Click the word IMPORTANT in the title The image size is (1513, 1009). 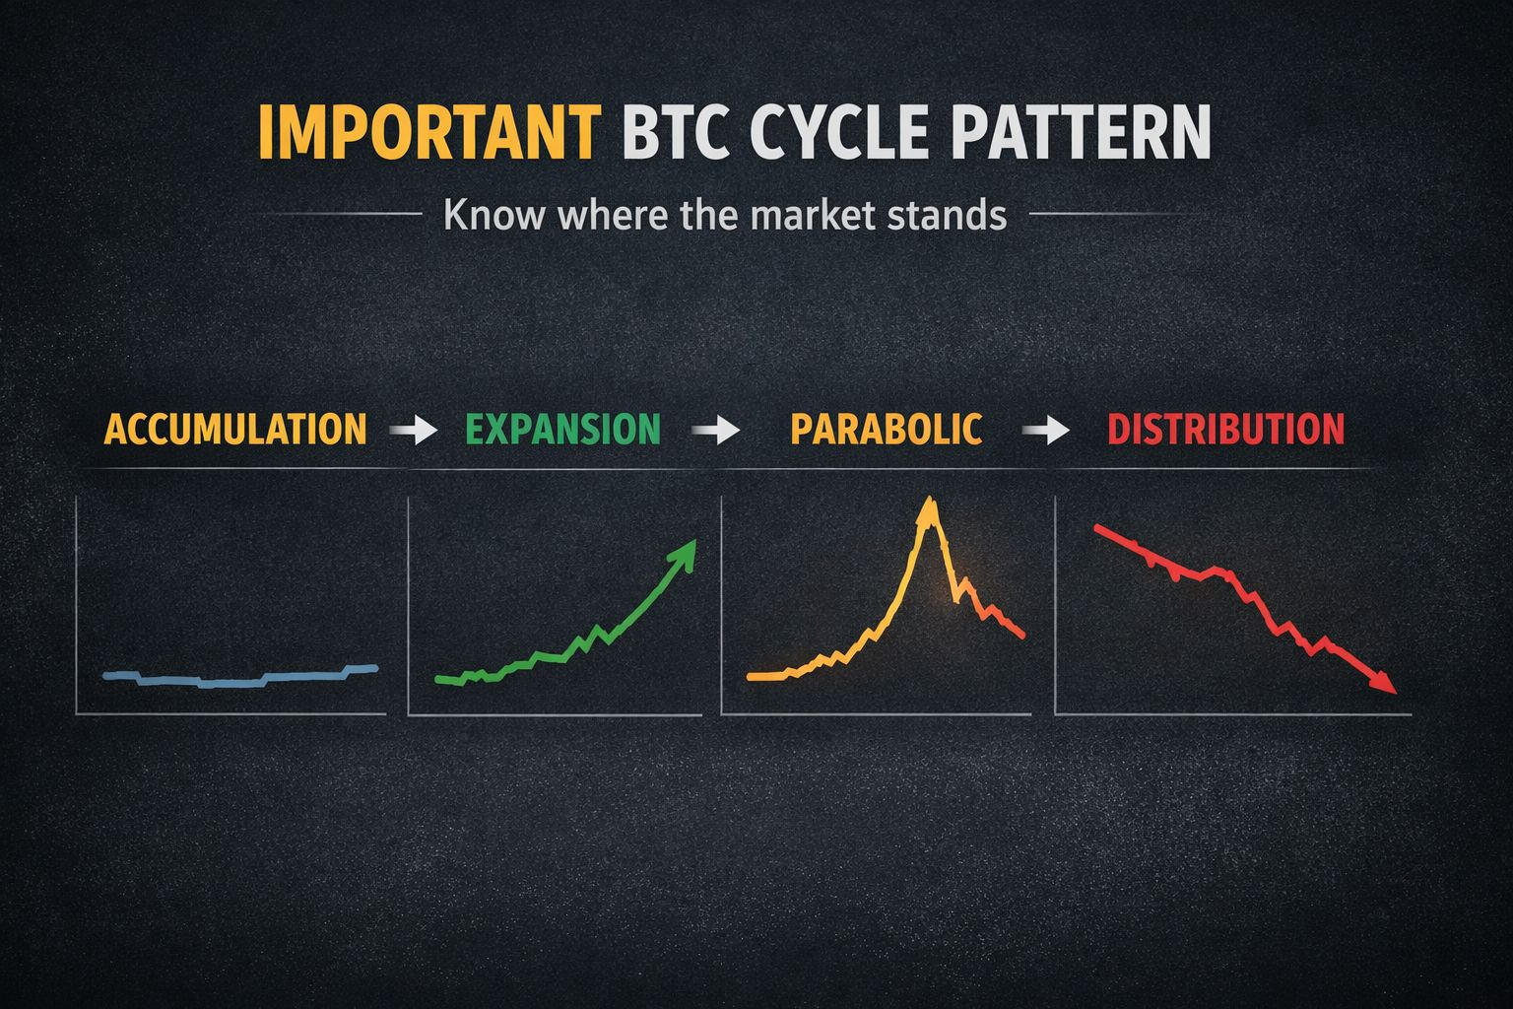(x=429, y=131)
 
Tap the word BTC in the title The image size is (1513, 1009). (x=676, y=131)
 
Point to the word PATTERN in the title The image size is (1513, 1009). (x=1081, y=131)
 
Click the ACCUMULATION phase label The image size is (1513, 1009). (x=235, y=429)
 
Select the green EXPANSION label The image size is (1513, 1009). (x=562, y=429)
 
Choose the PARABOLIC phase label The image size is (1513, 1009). (x=887, y=429)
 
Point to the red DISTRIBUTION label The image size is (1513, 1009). (x=1226, y=429)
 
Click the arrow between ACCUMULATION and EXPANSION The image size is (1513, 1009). (x=414, y=430)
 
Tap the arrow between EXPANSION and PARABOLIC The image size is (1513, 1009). (x=716, y=430)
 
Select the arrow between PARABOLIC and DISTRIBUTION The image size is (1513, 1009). (x=1045, y=430)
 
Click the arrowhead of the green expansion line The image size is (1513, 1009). (x=684, y=554)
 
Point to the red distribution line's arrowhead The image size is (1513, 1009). (x=1385, y=683)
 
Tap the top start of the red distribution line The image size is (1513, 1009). (x=1096, y=527)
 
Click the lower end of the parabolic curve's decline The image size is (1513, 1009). (x=1022, y=636)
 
